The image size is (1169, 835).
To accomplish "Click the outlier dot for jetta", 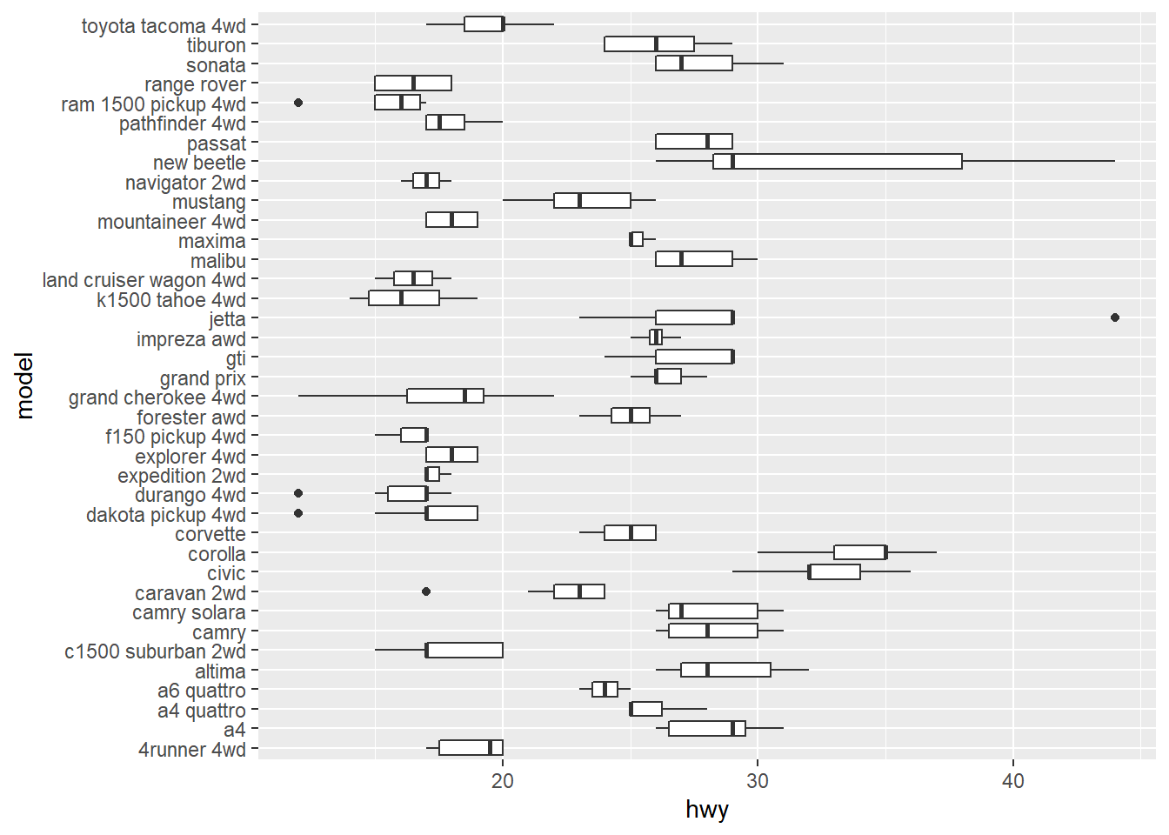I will click(1115, 317).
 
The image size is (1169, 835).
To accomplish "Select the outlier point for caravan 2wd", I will click(426, 591).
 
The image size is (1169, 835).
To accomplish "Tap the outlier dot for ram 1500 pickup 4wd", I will click(298, 103).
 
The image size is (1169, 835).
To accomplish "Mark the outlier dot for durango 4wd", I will click(298, 493).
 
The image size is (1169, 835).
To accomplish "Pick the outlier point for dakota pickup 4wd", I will click(298, 513).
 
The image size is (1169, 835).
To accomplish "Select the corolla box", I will click(859, 552).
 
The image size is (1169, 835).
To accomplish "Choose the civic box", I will click(835, 571).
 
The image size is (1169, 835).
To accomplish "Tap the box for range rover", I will click(413, 83).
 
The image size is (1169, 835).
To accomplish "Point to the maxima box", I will click(637, 239).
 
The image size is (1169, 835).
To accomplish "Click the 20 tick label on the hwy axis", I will click(503, 781).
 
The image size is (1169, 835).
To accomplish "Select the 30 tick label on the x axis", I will click(758, 781).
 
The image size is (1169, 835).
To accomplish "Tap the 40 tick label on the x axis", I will click(1012, 781).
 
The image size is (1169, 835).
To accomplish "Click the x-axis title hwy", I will click(706, 811).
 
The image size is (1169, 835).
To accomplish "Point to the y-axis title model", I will click(24, 385).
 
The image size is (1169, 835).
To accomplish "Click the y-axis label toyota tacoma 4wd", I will click(164, 26).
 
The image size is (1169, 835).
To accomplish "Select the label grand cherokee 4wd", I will click(157, 398).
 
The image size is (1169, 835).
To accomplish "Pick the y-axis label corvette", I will click(210, 535).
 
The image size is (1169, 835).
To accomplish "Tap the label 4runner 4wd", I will click(192, 750).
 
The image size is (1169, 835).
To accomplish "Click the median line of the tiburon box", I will click(656, 43).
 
